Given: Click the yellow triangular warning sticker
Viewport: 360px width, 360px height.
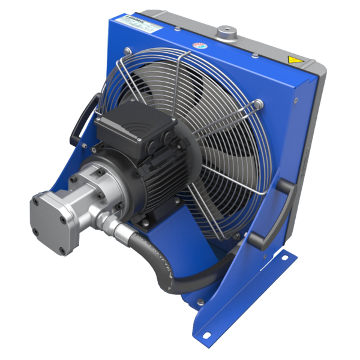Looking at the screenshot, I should [293, 60].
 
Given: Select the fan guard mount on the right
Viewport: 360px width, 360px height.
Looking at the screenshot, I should [259, 106].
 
